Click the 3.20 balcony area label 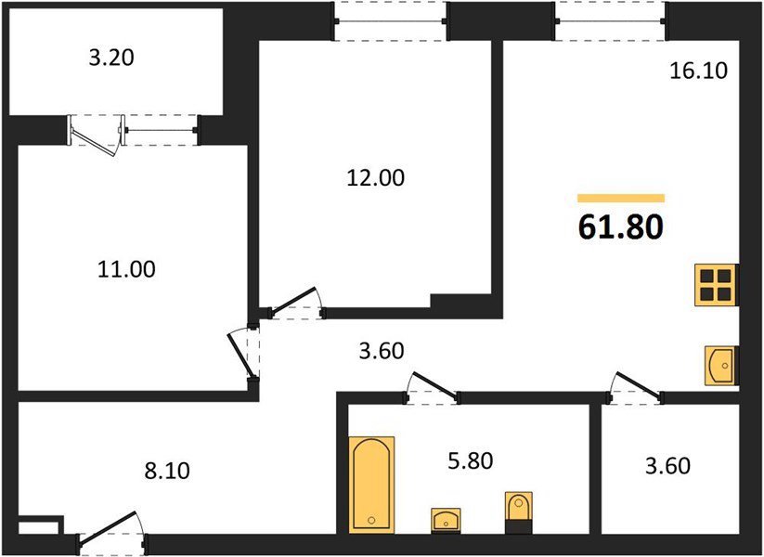pyautogui.click(x=111, y=58)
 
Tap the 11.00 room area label pyautogui.click(x=126, y=269)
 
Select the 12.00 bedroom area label pyautogui.click(x=376, y=178)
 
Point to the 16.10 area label pyautogui.click(x=699, y=71)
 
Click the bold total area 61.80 pyautogui.click(x=621, y=227)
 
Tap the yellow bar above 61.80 pyautogui.click(x=621, y=198)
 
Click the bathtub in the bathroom pyautogui.click(x=371, y=485)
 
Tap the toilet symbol pyautogui.click(x=518, y=512)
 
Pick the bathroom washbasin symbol pyautogui.click(x=446, y=521)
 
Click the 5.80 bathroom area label pyautogui.click(x=471, y=461)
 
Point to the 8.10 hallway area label pyautogui.click(x=167, y=472)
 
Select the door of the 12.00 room pyautogui.click(x=296, y=304)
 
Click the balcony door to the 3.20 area pyautogui.click(x=96, y=134)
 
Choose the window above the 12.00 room pyautogui.click(x=391, y=20)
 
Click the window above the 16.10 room pyautogui.click(x=611, y=20)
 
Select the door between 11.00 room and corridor pyautogui.click(x=246, y=355)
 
